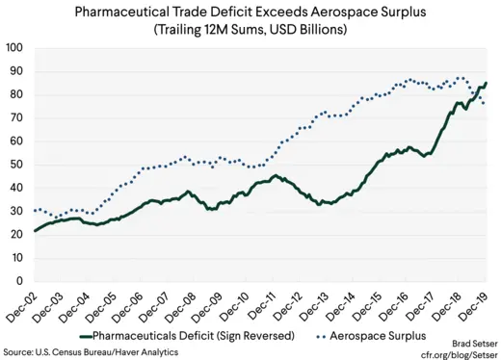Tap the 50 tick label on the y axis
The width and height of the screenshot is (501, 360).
pos(16,165)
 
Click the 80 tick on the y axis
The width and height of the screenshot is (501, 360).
pos(16,94)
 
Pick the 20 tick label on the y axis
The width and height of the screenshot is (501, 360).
pos(16,235)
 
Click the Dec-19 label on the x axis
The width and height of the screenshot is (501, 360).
pos(479,303)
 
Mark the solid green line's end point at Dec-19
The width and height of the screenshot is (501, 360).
pos(486,83)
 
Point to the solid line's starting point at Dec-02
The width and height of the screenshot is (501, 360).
pos(34,231)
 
